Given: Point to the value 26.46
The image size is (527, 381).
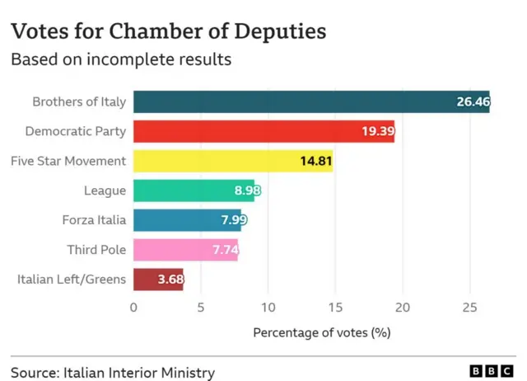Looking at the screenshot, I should (473, 102).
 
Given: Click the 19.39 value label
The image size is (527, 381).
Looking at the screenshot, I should (377, 132).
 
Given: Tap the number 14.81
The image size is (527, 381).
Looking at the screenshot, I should (315, 161).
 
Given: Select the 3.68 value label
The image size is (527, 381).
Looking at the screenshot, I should (170, 280).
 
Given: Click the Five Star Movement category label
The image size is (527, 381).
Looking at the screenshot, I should (68, 161).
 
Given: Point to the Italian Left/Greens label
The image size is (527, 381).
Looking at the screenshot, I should (72, 280).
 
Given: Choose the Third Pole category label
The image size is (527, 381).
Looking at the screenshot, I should (96, 250).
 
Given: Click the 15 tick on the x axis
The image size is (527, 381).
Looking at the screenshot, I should (334, 308).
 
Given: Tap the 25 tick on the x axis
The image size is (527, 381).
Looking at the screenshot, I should (469, 308).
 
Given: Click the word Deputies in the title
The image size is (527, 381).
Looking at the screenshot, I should (279, 32).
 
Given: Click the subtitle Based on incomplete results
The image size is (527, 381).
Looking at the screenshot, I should (120, 60).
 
